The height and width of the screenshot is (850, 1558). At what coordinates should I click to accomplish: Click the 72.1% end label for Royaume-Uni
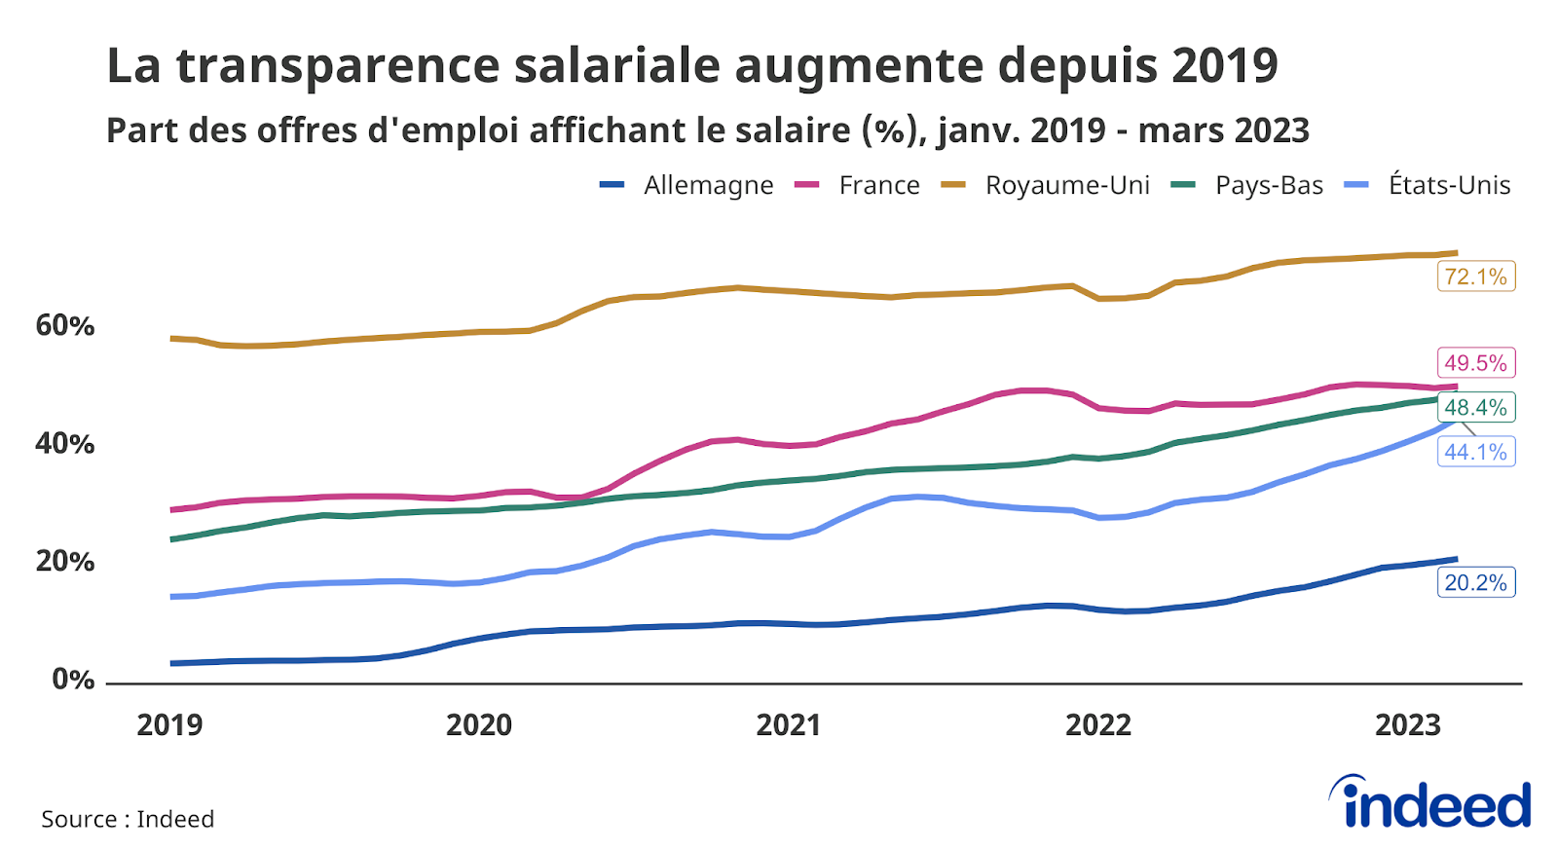(1475, 277)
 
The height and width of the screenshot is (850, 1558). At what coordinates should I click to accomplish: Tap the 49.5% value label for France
(1475, 363)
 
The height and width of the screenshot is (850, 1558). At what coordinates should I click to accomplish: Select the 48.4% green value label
(1475, 407)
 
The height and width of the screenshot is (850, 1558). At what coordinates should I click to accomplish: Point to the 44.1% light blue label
(1475, 452)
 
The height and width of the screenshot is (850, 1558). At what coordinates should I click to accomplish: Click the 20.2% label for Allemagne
(1475, 582)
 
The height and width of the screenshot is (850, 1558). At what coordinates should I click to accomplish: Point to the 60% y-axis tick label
(64, 325)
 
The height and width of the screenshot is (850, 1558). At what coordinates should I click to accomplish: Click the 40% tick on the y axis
(64, 444)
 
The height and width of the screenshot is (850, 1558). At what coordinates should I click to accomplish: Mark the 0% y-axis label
(73, 679)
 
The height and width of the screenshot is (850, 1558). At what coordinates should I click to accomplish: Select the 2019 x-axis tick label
(169, 724)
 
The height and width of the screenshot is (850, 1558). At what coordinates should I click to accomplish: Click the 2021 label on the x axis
(788, 724)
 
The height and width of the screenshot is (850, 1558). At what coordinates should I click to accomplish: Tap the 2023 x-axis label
(1407, 724)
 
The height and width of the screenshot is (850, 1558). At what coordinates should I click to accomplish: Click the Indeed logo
(1430, 803)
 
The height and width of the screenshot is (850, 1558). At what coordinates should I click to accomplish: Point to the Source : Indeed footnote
(128, 819)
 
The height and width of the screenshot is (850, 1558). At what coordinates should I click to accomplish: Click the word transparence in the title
(336, 66)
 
